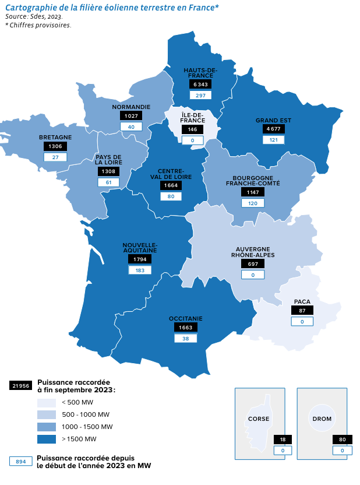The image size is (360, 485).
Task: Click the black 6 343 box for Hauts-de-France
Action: (200, 85)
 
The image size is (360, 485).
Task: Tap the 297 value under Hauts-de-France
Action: (200, 96)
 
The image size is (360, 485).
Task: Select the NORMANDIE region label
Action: (131, 107)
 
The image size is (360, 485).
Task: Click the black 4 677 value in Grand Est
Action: (273, 128)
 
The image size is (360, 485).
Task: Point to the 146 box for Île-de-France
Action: (192, 129)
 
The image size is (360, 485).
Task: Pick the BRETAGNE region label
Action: (55, 138)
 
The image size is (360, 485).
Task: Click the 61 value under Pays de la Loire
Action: (108, 182)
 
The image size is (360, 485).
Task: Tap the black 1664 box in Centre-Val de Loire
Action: (171, 185)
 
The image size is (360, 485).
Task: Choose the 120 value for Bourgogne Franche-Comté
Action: (252, 203)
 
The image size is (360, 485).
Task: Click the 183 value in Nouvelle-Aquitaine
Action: (140, 270)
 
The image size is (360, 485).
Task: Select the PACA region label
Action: (302, 301)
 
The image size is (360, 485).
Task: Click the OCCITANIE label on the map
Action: (186, 318)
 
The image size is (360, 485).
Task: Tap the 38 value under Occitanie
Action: (186, 338)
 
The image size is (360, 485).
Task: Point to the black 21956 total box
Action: (20, 386)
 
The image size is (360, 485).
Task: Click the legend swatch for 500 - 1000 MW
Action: (46, 414)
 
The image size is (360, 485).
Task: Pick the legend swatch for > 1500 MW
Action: (46, 438)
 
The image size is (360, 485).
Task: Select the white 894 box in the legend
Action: (20, 461)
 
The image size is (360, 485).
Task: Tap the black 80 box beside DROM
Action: (343, 440)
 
